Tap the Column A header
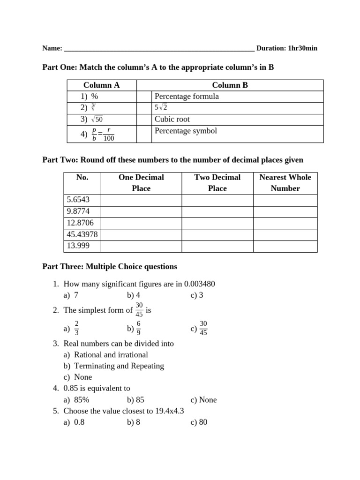coord(101,85)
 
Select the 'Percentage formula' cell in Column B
coord(187,97)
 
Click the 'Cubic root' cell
coord(172,119)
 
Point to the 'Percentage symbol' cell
coord(186,131)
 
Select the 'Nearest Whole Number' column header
coord(285,183)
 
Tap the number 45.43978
coord(82,234)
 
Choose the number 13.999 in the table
coord(78,246)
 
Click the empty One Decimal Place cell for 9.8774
coord(141,211)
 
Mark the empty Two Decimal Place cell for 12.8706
coord(217,223)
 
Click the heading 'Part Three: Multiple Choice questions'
coord(110,267)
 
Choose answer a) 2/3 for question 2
coord(73,329)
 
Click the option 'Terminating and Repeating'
coord(119,366)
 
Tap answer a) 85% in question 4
coord(81,400)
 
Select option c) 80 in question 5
coord(199,422)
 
